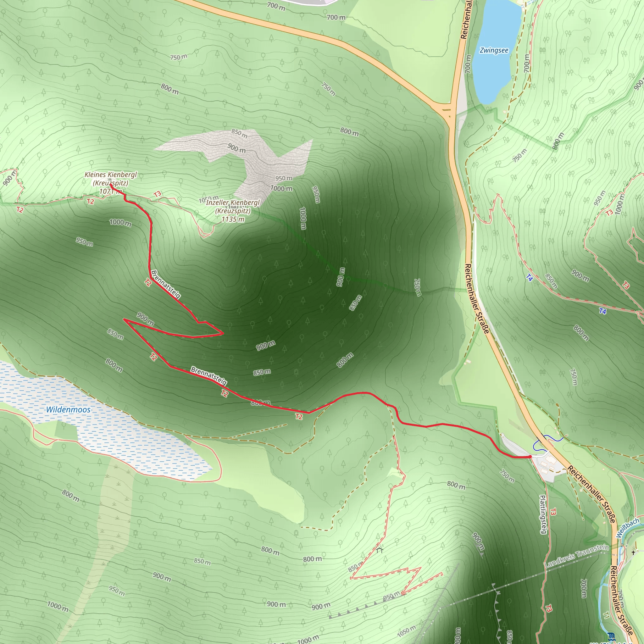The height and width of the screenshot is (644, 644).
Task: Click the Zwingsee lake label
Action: [x=494, y=50]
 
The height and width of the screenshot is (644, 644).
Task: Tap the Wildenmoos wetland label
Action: [x=68, y=410]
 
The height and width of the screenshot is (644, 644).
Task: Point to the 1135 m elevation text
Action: [x=233, y=219]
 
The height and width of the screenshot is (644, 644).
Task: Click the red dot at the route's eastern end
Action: [x=530, y=457]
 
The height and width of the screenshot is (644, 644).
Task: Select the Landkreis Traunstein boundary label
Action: [x=577, y=556]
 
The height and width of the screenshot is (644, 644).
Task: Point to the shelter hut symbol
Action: [x=380, y=550]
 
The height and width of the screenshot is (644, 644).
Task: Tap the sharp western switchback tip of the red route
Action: [x=124, y=319]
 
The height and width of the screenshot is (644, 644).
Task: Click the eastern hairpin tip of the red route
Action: [x=223, y=333]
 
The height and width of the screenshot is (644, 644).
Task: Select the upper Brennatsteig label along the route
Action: [x=166, y=284]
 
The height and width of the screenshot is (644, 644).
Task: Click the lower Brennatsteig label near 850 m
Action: [x=209, y=376]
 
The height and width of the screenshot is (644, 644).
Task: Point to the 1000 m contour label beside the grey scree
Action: [x=281, y=188]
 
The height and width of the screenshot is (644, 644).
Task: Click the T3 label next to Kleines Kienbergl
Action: [x=157, y=194]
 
